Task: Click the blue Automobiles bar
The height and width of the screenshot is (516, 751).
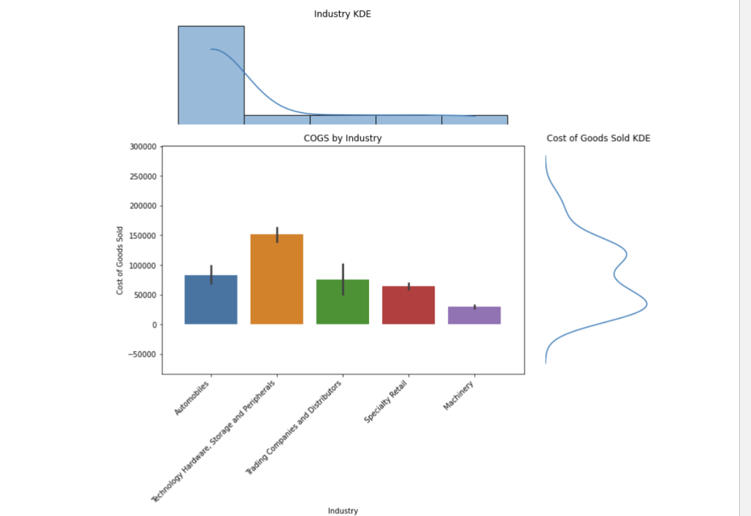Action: (x=211, y=299)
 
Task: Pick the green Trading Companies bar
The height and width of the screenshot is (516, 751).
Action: (x=343, y=302)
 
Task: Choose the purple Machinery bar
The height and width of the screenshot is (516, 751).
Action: (x=474, y=315)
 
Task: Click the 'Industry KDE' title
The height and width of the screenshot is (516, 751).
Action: (x=342, y=14)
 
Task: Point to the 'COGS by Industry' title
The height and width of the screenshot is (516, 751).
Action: (x=342, y=138)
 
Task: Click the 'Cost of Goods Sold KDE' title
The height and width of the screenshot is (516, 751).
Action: (x=598, y=138)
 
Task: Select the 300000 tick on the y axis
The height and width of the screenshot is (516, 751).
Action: (x=142, y=147)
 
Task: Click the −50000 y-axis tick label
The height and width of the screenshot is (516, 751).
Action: (x=141, y=355)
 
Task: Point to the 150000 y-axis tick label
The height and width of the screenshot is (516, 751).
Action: (x=142, y=236)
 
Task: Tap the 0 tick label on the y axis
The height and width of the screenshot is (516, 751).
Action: (x=154, y=325)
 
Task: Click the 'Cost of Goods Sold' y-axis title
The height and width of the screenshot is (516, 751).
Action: (x=119, y=260)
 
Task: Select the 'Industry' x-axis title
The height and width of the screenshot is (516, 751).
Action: (x=343, y=511)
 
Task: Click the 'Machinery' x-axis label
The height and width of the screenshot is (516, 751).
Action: (x=459, y=395)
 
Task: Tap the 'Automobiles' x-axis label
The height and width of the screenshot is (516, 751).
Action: (x=192, y=398)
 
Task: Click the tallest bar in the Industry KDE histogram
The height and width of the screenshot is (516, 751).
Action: (x=211, y=75)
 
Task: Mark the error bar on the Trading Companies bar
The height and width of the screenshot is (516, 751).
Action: (x=343, y=279)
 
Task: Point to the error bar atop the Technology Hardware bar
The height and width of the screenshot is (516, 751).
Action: (x=277, y=235)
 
